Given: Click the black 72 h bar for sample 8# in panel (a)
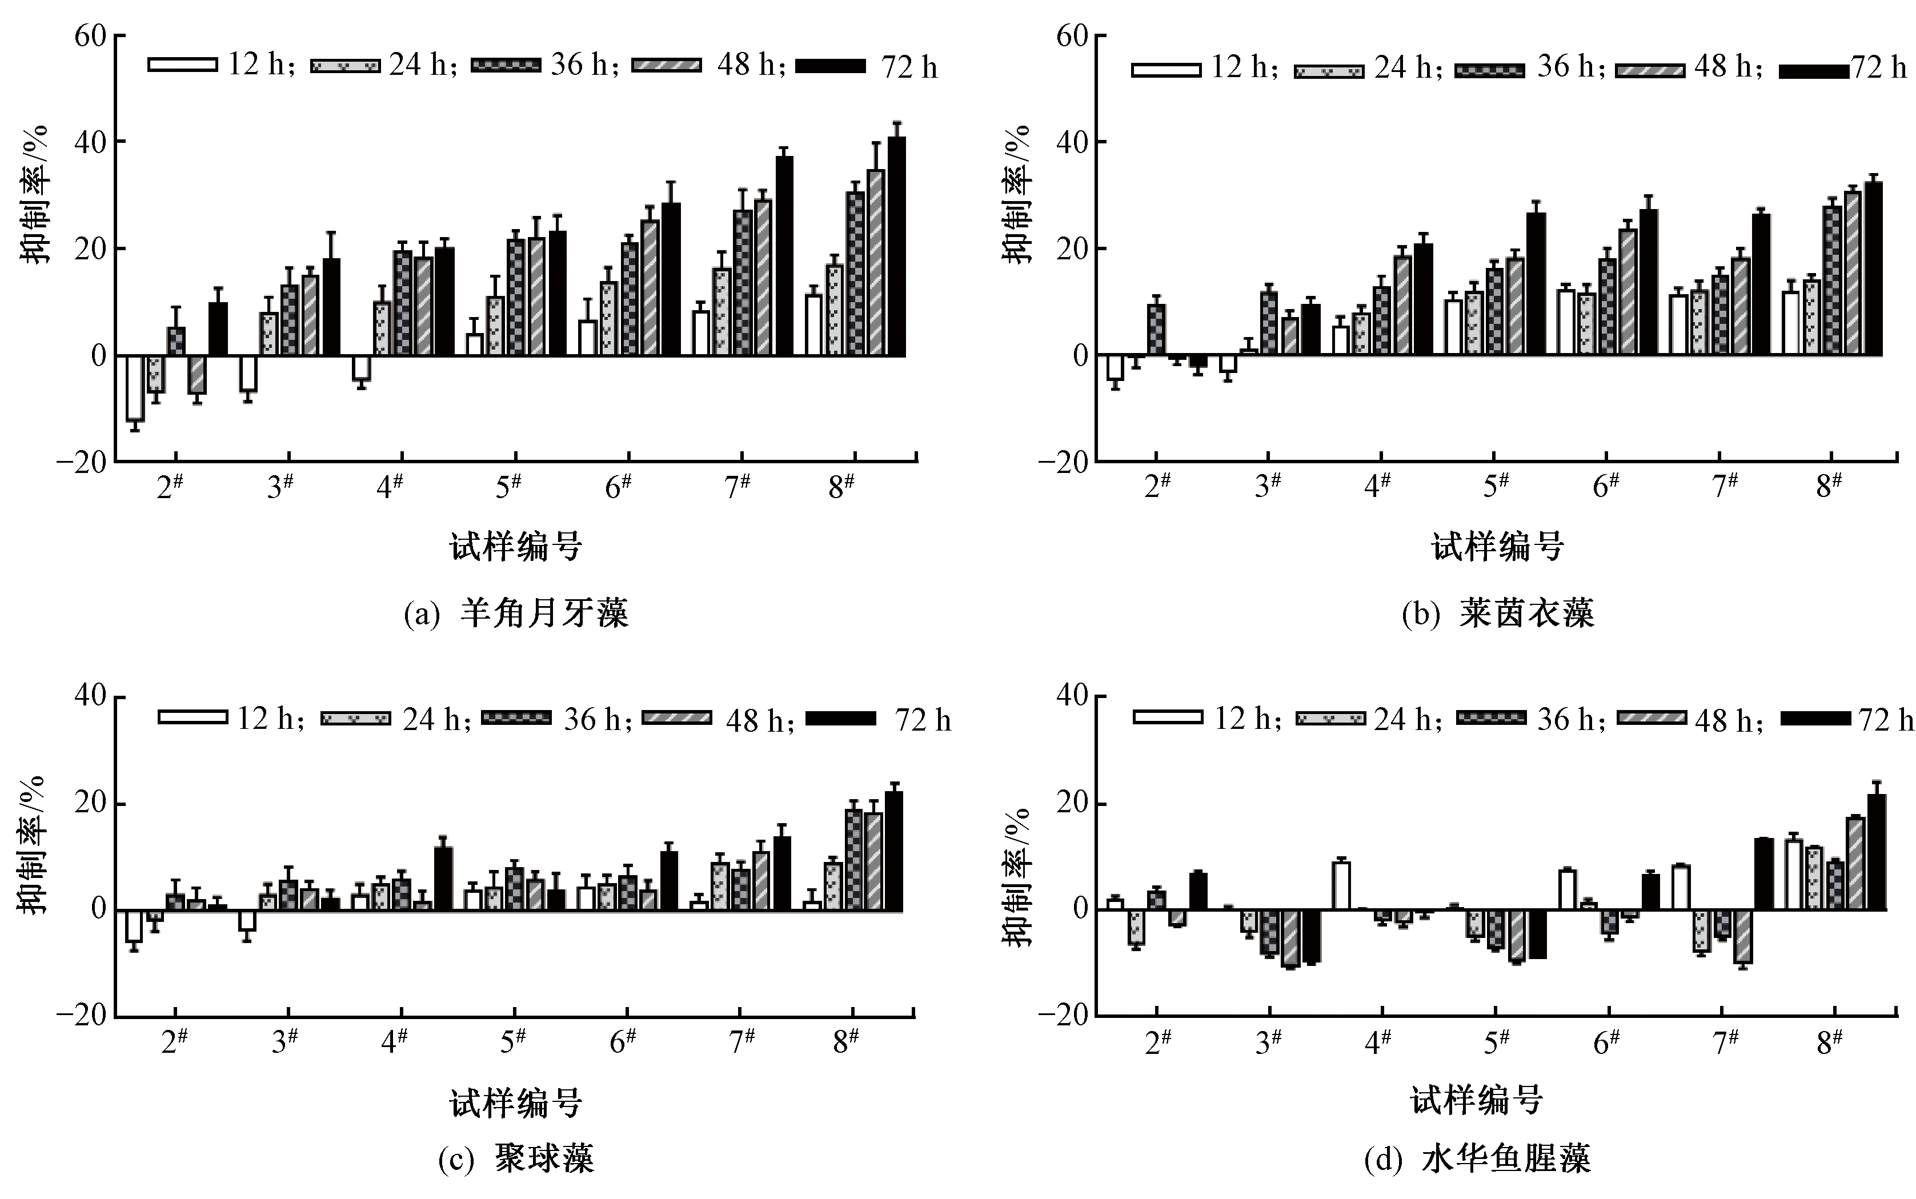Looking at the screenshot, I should click(x=896, y=246).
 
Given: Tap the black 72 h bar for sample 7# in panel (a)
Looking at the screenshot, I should click(x=784, y=255).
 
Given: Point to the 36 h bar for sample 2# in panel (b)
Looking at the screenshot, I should click(x=1156, y=329).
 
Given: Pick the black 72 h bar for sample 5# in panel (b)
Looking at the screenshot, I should click(x=1536, y=283).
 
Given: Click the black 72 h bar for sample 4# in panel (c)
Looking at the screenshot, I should click(x=443, y=879).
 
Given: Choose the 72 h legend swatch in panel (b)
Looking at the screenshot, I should click(x=1814, y=71).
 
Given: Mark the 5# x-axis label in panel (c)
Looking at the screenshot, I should click(x=513, y=1041).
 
